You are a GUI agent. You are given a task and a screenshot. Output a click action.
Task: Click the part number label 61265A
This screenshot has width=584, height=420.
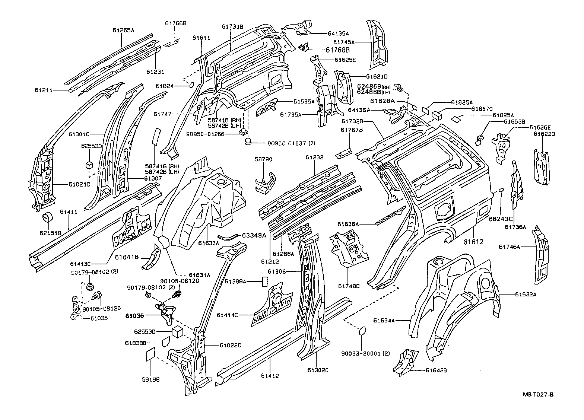pyautogui.click(x=123, y=31)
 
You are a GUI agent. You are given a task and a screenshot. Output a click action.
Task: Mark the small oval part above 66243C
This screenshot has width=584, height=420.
pyautogui.click(x=501, y=190)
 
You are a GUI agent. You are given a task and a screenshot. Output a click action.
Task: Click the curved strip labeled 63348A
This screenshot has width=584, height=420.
pyautogui.click(x=228, y=235)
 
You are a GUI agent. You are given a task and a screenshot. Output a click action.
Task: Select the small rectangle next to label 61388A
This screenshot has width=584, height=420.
pyautogui.click(x=265, y=281)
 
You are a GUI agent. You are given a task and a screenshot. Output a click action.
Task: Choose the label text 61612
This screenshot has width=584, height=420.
pyautogui.click(x=473, y=242)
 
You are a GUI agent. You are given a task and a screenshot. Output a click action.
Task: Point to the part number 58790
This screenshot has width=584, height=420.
pyautogui.click(x=263, y=159)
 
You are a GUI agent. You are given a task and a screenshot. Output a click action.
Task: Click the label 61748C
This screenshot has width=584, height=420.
pyautogui.click(x=349, y=286)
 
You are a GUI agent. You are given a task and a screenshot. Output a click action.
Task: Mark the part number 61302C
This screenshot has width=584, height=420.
pyautogui.click(x=318, y=370)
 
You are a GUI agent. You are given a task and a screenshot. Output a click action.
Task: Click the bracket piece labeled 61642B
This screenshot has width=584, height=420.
pyautogui.click(x=403, y=360)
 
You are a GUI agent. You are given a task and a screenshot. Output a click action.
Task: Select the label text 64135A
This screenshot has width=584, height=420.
pyautogui.click(x=338, y=34)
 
